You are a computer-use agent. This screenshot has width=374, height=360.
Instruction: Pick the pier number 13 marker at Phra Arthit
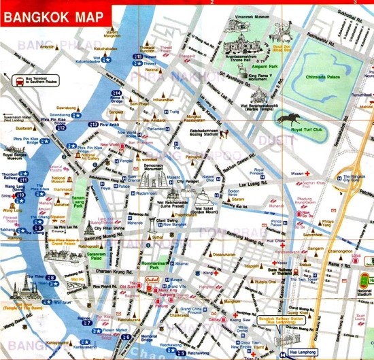pos(92,125)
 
